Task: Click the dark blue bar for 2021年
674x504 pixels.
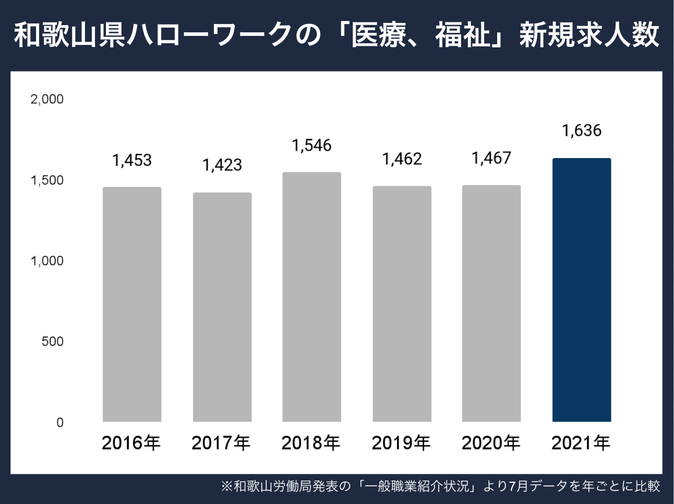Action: click(x=582, y=290)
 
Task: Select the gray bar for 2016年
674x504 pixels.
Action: click(x=132, y=304)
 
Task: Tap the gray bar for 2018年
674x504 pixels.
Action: click(x=311, y=297)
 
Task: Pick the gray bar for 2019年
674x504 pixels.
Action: click(x=402, y=304)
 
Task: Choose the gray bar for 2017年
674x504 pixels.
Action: click(x=222, y=307)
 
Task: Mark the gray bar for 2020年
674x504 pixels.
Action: click(x=491, y=303)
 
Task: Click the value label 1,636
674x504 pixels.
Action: click(x=582, y=130)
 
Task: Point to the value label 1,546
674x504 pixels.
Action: click(x=311, y=146)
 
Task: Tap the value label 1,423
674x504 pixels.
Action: click(x=222, y=165)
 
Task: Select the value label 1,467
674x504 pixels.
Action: click(x=491, y=158)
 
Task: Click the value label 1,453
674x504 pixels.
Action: click(x=132, y=160)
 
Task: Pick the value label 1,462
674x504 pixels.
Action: click(x=402, y=159)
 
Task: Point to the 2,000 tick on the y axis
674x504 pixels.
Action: click(x=47, y=99)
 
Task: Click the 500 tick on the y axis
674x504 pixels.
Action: click(x=52, y=341)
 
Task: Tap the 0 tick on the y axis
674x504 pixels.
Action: click(x=59, y=422)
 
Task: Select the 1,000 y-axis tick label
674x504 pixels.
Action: click(x=47, y=261)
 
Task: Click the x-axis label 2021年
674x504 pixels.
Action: click(x=581, y=443)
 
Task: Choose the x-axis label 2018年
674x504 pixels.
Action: click(x=311, y=443)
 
